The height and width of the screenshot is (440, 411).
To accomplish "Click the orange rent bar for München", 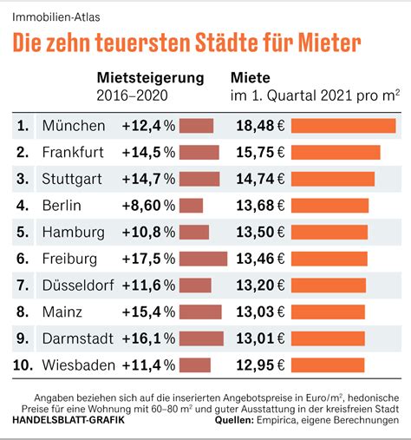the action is tap(343, 126).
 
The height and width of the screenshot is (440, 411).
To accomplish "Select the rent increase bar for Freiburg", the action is tap(203, 259).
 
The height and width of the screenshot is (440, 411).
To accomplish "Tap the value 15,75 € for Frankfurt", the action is tap(260, 152).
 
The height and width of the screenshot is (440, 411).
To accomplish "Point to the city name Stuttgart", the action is tap(72, 179).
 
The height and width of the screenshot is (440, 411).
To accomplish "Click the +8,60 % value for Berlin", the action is tap(148, 206).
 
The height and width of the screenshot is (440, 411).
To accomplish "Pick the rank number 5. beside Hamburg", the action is tap(23, 233).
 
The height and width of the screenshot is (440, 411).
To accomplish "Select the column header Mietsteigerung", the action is tap(150, 78).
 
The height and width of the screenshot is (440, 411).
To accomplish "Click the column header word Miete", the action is tap(251, 78).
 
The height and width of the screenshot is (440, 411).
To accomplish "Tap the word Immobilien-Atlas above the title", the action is tap(56, 17).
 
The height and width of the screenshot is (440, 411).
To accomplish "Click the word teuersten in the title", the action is tap(143, 43).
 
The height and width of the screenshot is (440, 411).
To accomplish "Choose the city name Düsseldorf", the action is tap(78, 286).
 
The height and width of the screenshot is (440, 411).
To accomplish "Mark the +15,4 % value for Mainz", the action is tap(148, 312).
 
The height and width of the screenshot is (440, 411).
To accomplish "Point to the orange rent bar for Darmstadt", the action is tap(328, 338).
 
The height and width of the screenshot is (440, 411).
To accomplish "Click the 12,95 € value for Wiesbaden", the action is tap(260, 365).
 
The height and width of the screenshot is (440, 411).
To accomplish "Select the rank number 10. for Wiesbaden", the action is tap(23, 365).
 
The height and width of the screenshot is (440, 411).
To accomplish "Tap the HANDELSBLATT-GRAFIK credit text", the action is tap(68, 420).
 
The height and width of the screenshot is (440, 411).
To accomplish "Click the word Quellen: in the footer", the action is tap(234, 420).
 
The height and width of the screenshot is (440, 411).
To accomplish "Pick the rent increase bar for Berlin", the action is tap(191, 206).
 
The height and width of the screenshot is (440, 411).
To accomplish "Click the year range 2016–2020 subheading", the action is tap(132, 95).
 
